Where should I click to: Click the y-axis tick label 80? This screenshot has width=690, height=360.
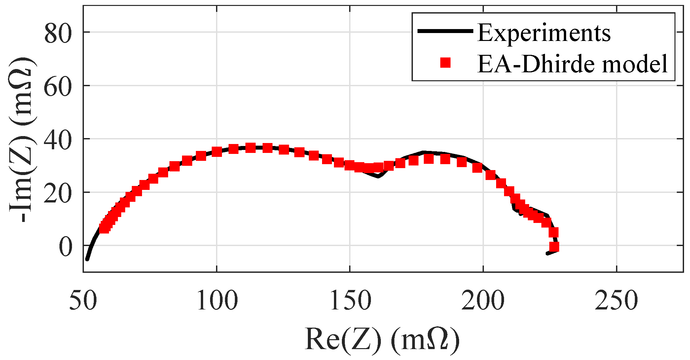[58, 33]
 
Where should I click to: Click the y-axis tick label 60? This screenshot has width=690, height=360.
[58, 87]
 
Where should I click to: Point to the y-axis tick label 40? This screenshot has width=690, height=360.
[58, 140]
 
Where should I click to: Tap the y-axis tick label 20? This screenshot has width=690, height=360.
[58, 194]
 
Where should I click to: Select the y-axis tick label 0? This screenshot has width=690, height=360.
[65, 247]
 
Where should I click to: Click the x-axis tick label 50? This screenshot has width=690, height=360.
[83, 301]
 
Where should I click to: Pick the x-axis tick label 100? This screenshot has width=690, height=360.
[217, 301]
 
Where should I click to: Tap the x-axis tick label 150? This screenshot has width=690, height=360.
[350, 301]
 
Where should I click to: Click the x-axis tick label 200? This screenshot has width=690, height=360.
[483, 301]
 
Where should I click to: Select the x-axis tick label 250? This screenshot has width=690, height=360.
[616, 301]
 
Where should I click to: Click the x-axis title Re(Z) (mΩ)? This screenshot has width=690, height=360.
[382, 339]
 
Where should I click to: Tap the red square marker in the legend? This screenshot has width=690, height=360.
[445, 62]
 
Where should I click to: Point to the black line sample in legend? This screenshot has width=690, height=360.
[445, 31]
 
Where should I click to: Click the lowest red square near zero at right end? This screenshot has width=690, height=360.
[554, 246]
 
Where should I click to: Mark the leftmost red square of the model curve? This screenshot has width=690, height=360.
[104, 228]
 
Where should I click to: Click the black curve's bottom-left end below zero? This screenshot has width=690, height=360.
[87, 259]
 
